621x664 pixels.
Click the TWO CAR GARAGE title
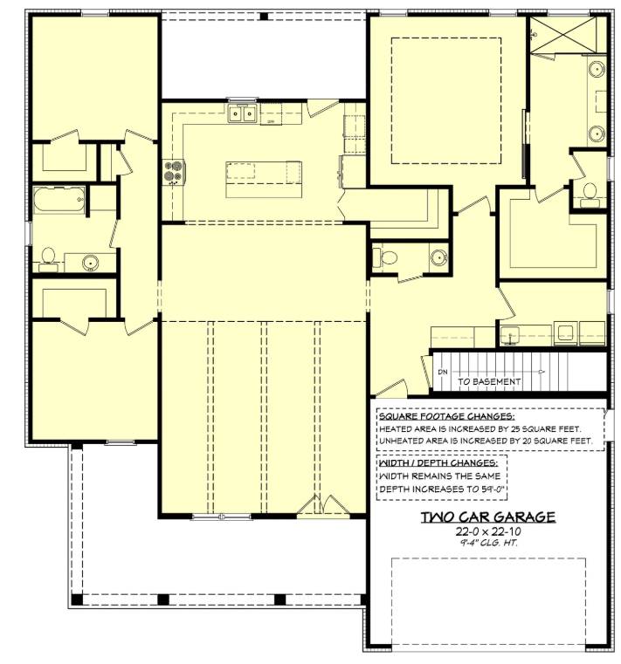pyautogui.click(x=488, y=517)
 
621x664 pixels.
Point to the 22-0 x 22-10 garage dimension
pyautogui.click(x=488, y=531)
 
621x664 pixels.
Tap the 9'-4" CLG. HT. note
pyautogui.click(x=488, y=543)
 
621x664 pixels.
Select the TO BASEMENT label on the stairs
pyautogui.click(x=489, y=381)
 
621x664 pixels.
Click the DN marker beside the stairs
pyautogui.click(x=443, y=373)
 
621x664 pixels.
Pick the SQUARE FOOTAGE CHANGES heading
pyautogui.click(x=447, y=416)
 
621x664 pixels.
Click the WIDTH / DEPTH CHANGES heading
pyautogui.click(x=438, y=462)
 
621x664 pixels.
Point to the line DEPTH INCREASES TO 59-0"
pyautogui.click(x=442, y=489)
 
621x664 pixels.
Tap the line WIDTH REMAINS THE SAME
pyautogui.click(x=439, y=476)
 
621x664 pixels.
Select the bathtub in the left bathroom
pyautogui.click(x=59, y=200)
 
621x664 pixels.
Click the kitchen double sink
pyautogui.click(x=242, y=113)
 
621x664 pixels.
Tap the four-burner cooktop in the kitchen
pyautogui.click(x=174, y=172)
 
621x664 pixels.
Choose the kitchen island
pyautogui.click(x=264, y=179)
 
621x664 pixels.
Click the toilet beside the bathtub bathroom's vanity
pyautogui.click(x=48, y=258)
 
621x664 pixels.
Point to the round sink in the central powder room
pyautogui.click(x=439, y=257)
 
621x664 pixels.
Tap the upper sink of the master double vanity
pyautogui.click(x=597, y=69)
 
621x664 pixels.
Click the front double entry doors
pyautogui.click(x=323, y=505)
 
